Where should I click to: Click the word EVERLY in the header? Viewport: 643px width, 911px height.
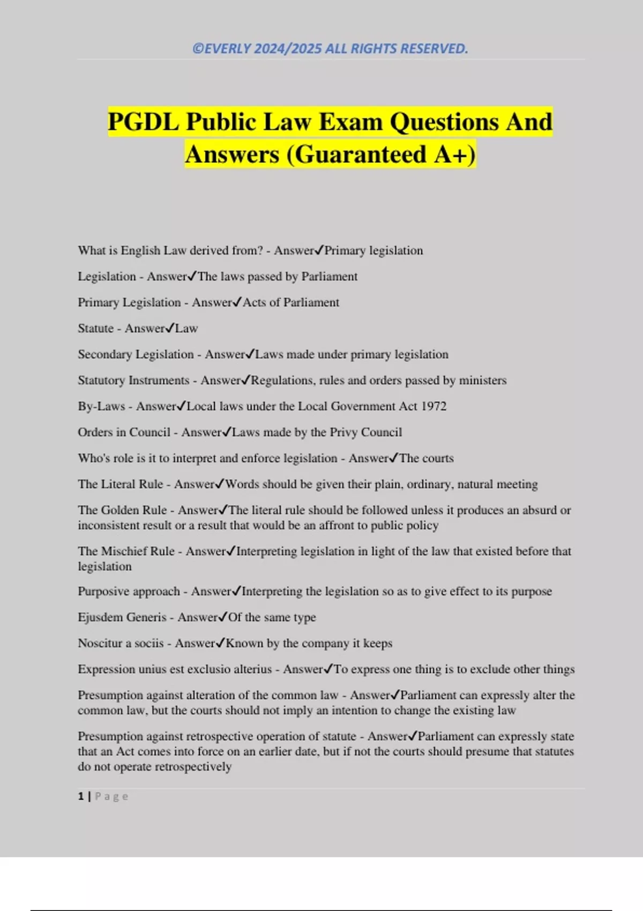pos(228,49)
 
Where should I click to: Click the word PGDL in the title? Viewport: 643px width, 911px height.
pos(143,122)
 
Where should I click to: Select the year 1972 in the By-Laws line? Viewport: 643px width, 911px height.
pos(433,406)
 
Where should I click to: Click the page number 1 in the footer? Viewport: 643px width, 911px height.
pos(81,796)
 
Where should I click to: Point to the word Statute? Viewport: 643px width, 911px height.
pos(95,328)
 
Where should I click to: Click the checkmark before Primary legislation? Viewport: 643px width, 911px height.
pos(319,250)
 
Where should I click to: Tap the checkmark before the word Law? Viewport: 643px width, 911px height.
pos(170,328)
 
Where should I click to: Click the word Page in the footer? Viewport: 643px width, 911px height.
pos(111,796)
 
